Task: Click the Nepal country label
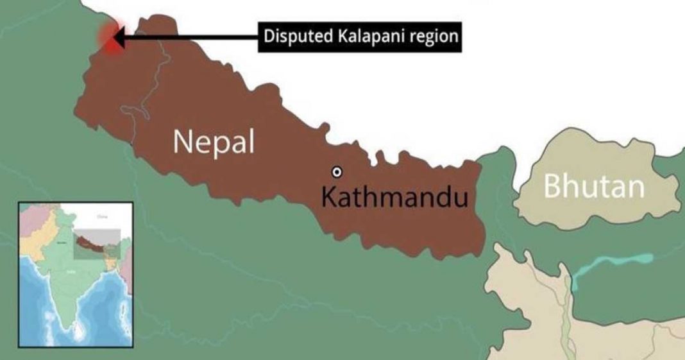(x=214, y=142)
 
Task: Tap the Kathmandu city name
(x=394, y=196)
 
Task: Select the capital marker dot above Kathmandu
(x=337, y=171)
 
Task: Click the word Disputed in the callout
(x=293, y=36)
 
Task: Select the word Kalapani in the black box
(x=368, y=36)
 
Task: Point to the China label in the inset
(x=101, y=217)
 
